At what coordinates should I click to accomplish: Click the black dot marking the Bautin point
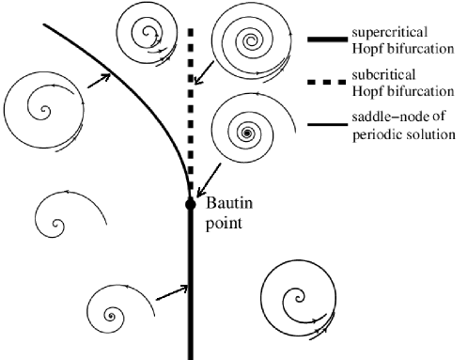pyautogui.click(x=190, y=202)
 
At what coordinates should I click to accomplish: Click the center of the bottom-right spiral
pyautogui.click(x=300, y=299)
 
